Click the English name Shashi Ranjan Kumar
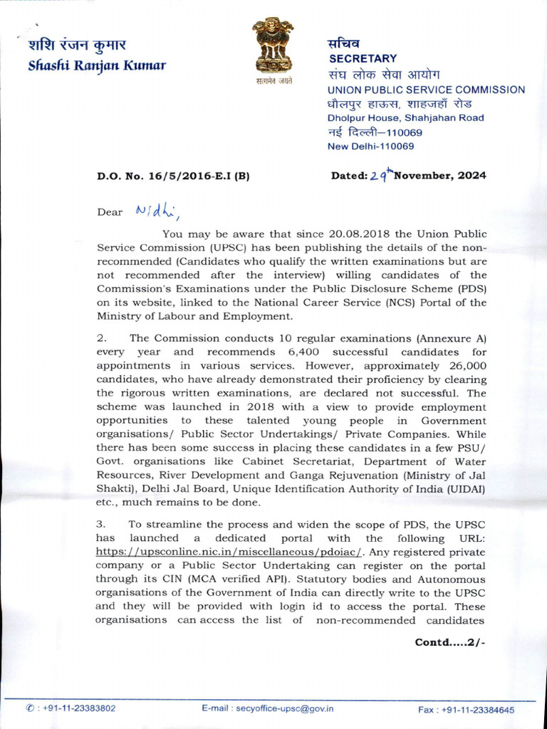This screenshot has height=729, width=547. coord(96,65)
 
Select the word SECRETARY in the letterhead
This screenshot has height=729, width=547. coord(362,58)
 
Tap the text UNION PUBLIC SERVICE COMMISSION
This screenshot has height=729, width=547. coord(426,90)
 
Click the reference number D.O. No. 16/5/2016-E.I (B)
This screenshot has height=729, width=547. coord(173,176)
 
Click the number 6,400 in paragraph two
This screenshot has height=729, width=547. coord(291,352)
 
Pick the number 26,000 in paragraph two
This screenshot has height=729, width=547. coord(462,364)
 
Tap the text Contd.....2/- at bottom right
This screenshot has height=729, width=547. coord(450,642)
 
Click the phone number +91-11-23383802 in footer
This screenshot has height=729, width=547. coord(78,709)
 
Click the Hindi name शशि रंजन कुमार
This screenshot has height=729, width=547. coord(77,46)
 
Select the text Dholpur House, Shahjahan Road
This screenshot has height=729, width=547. coord(405,118)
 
